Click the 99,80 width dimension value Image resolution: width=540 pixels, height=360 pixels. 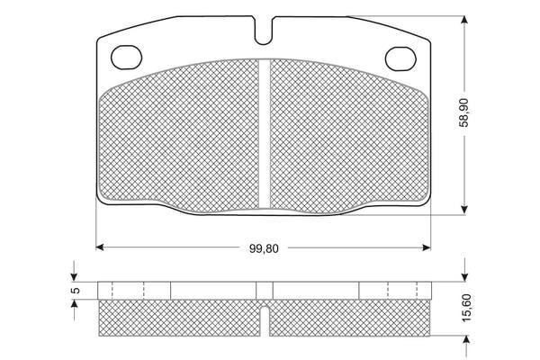click(x=264, y=248)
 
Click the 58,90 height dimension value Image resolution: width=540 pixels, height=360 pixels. click(x=464, y=112)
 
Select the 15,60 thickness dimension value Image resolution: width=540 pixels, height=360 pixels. click(x=466, y=308)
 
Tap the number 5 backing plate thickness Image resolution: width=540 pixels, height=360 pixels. click(x=76, y=291)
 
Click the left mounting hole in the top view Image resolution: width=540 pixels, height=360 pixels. click(x=126, y=58)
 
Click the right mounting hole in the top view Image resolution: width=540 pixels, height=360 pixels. click(x=400, y=58)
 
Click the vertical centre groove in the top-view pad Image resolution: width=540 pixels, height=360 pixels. click(x=264, y=134)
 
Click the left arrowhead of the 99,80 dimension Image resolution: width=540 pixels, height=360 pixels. click(x=100, y=247)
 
